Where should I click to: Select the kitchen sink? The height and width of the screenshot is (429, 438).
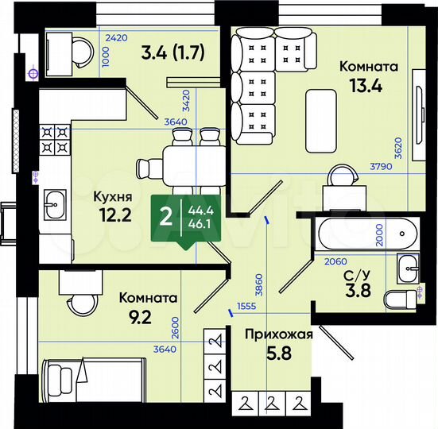point(54,203)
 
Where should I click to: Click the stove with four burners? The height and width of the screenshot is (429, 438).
point(54,140)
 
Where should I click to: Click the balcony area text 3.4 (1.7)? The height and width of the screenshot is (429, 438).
point(172,54)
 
